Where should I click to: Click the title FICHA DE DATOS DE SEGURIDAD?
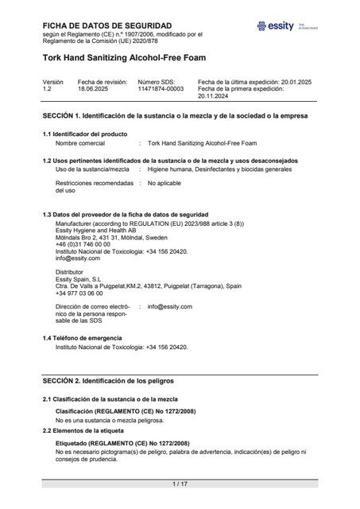pyautogui.click(x=100, y=26)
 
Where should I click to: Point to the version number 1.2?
pyautogui.click(x=47, y=89)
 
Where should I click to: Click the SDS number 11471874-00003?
pyautogui.click(x=161, y=89)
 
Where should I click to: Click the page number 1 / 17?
pyautogui.click(x=180, y=484)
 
